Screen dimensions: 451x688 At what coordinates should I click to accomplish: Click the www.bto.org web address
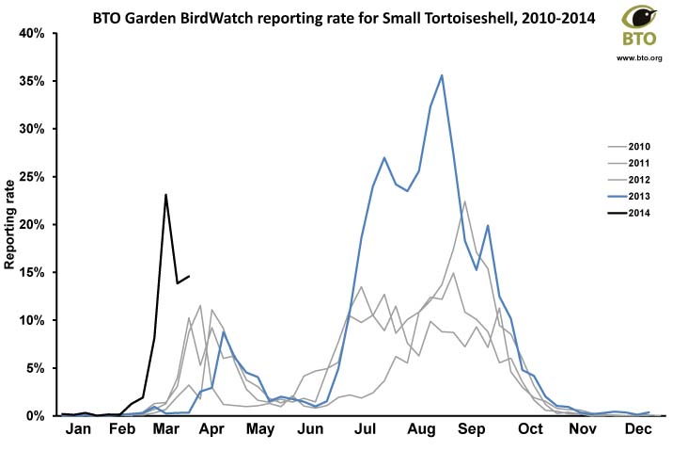click(639, 58)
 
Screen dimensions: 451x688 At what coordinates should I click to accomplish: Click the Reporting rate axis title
click(12, 225)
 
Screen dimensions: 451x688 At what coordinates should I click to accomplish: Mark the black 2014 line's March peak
click(165, 195)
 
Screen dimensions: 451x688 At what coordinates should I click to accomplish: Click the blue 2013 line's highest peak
click(442, 75)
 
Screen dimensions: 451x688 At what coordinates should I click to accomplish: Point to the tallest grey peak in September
click(465, 201)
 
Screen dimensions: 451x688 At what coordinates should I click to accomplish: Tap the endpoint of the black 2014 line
click(189, 277)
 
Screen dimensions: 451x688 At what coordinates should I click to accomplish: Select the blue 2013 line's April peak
click(224, 331)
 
